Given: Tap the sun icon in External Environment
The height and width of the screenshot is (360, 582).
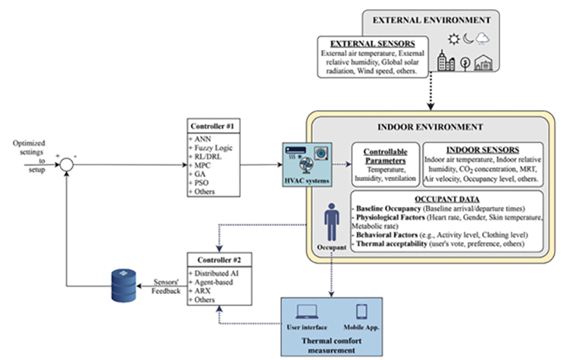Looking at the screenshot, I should point(451,40).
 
